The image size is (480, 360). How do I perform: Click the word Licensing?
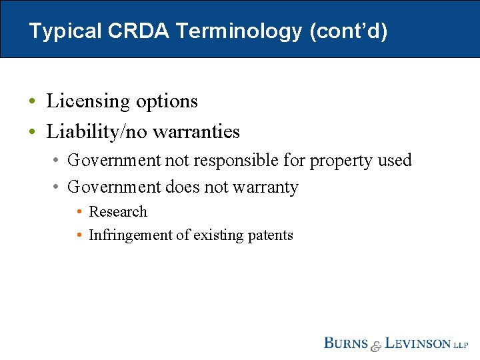[x=88, y=101]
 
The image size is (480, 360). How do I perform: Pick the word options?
[x=167, y=101]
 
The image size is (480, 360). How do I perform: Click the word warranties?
[x=196, y=132]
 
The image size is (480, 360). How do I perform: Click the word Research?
[x=118, y=212]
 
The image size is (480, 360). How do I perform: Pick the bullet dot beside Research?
[x=79, y=213]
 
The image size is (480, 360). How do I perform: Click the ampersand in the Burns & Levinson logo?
[x=376, y=345]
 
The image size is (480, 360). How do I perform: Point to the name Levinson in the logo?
[x=417, y=344]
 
